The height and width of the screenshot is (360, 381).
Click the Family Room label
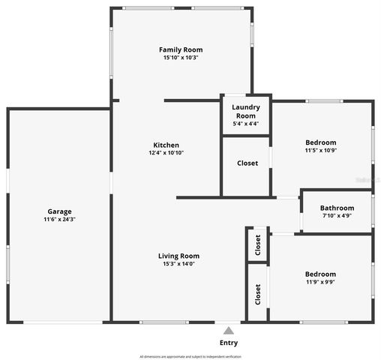click(181, 49)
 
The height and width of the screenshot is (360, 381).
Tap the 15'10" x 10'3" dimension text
click(181, 58)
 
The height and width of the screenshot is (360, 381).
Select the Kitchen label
click(166, 145)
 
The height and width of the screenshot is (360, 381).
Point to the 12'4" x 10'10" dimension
click(166, 153)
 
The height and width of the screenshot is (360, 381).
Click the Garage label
click(59, 211)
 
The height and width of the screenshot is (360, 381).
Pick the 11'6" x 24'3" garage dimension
click(59, 220)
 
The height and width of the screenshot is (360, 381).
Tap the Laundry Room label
click(246, 112)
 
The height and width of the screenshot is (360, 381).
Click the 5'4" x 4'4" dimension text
click(246, 124)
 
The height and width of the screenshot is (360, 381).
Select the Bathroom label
click(337, 208)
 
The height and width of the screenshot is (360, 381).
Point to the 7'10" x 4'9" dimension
click(337, 216)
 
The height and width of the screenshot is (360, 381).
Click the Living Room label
click(178, 256)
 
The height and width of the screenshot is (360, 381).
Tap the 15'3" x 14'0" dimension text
click(178, 264)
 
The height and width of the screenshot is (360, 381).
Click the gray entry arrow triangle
click(229, 329)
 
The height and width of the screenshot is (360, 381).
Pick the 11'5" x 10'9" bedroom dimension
click(320, 151)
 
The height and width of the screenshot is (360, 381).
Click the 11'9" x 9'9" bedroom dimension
click(320, 283)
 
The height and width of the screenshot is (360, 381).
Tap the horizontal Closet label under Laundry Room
click(247, 163)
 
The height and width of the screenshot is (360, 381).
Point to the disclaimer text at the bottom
click(190, 356)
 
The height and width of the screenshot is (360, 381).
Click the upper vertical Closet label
click(257, 245)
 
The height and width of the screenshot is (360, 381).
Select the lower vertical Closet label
click(257, 294)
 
